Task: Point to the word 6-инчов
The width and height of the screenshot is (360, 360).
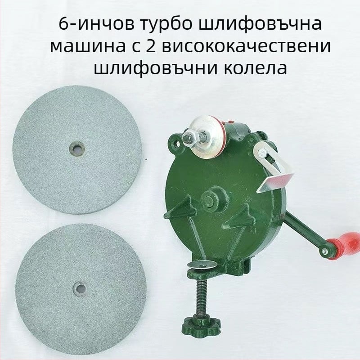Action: pos(96,24)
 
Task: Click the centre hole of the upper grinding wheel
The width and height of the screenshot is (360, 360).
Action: pos(77,148)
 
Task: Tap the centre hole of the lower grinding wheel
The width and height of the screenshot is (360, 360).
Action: pos(81,288)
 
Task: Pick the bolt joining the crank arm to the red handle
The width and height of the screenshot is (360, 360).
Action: pos(324,252)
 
